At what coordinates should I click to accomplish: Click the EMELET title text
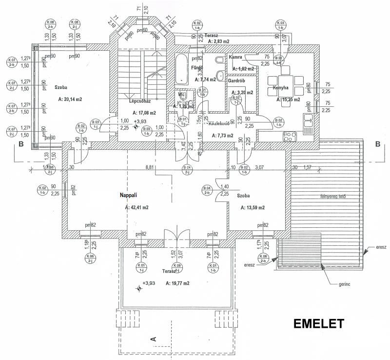pyautogui.click(x=318, y=324)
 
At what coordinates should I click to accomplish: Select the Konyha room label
pyautogui.click(x=281, y=88)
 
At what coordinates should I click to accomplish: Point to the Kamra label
pyautogui.click(x=235, y=57)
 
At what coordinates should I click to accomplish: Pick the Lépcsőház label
pyautogui.click(x=139, y=101)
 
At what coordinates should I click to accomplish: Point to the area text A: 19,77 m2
pyautogui.click(x=177, y=283)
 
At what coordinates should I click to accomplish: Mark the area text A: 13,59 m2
pyautogui.click(x=253, y=207)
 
